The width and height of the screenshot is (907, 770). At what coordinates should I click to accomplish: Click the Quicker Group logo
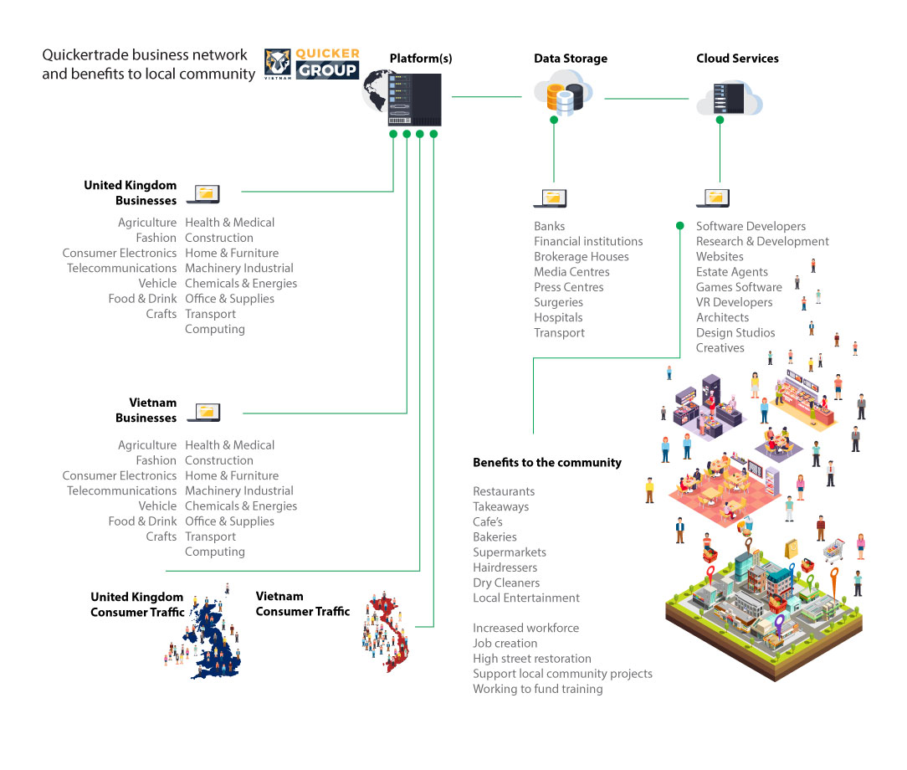click(312, 64)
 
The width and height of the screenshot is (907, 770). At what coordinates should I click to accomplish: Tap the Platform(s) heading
click(421, 59)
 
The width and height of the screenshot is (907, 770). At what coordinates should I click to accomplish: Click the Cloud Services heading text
click(737, 59)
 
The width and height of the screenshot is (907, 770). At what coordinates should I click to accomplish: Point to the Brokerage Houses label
click(581, 257)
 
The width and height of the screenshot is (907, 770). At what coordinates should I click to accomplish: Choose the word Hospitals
click(558, 318)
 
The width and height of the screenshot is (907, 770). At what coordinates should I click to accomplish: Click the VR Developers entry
click(734, 302)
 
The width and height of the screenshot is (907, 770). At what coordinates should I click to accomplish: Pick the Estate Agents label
click(731, 272)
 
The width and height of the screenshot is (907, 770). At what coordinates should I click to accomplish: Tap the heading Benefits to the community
click(546, 462)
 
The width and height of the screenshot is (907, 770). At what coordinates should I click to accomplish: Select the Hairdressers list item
click(505, 567)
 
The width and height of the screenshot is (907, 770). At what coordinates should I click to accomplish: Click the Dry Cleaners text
click(506, 583)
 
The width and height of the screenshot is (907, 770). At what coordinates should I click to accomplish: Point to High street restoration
click(531, 659)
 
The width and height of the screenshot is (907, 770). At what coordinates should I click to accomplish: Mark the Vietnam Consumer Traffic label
click(302, 604)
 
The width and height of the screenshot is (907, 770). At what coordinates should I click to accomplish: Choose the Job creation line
click(505, 644)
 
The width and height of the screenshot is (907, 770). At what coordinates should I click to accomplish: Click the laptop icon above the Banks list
click(551, 198)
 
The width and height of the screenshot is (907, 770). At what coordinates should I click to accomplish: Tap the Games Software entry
click(739, 287)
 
